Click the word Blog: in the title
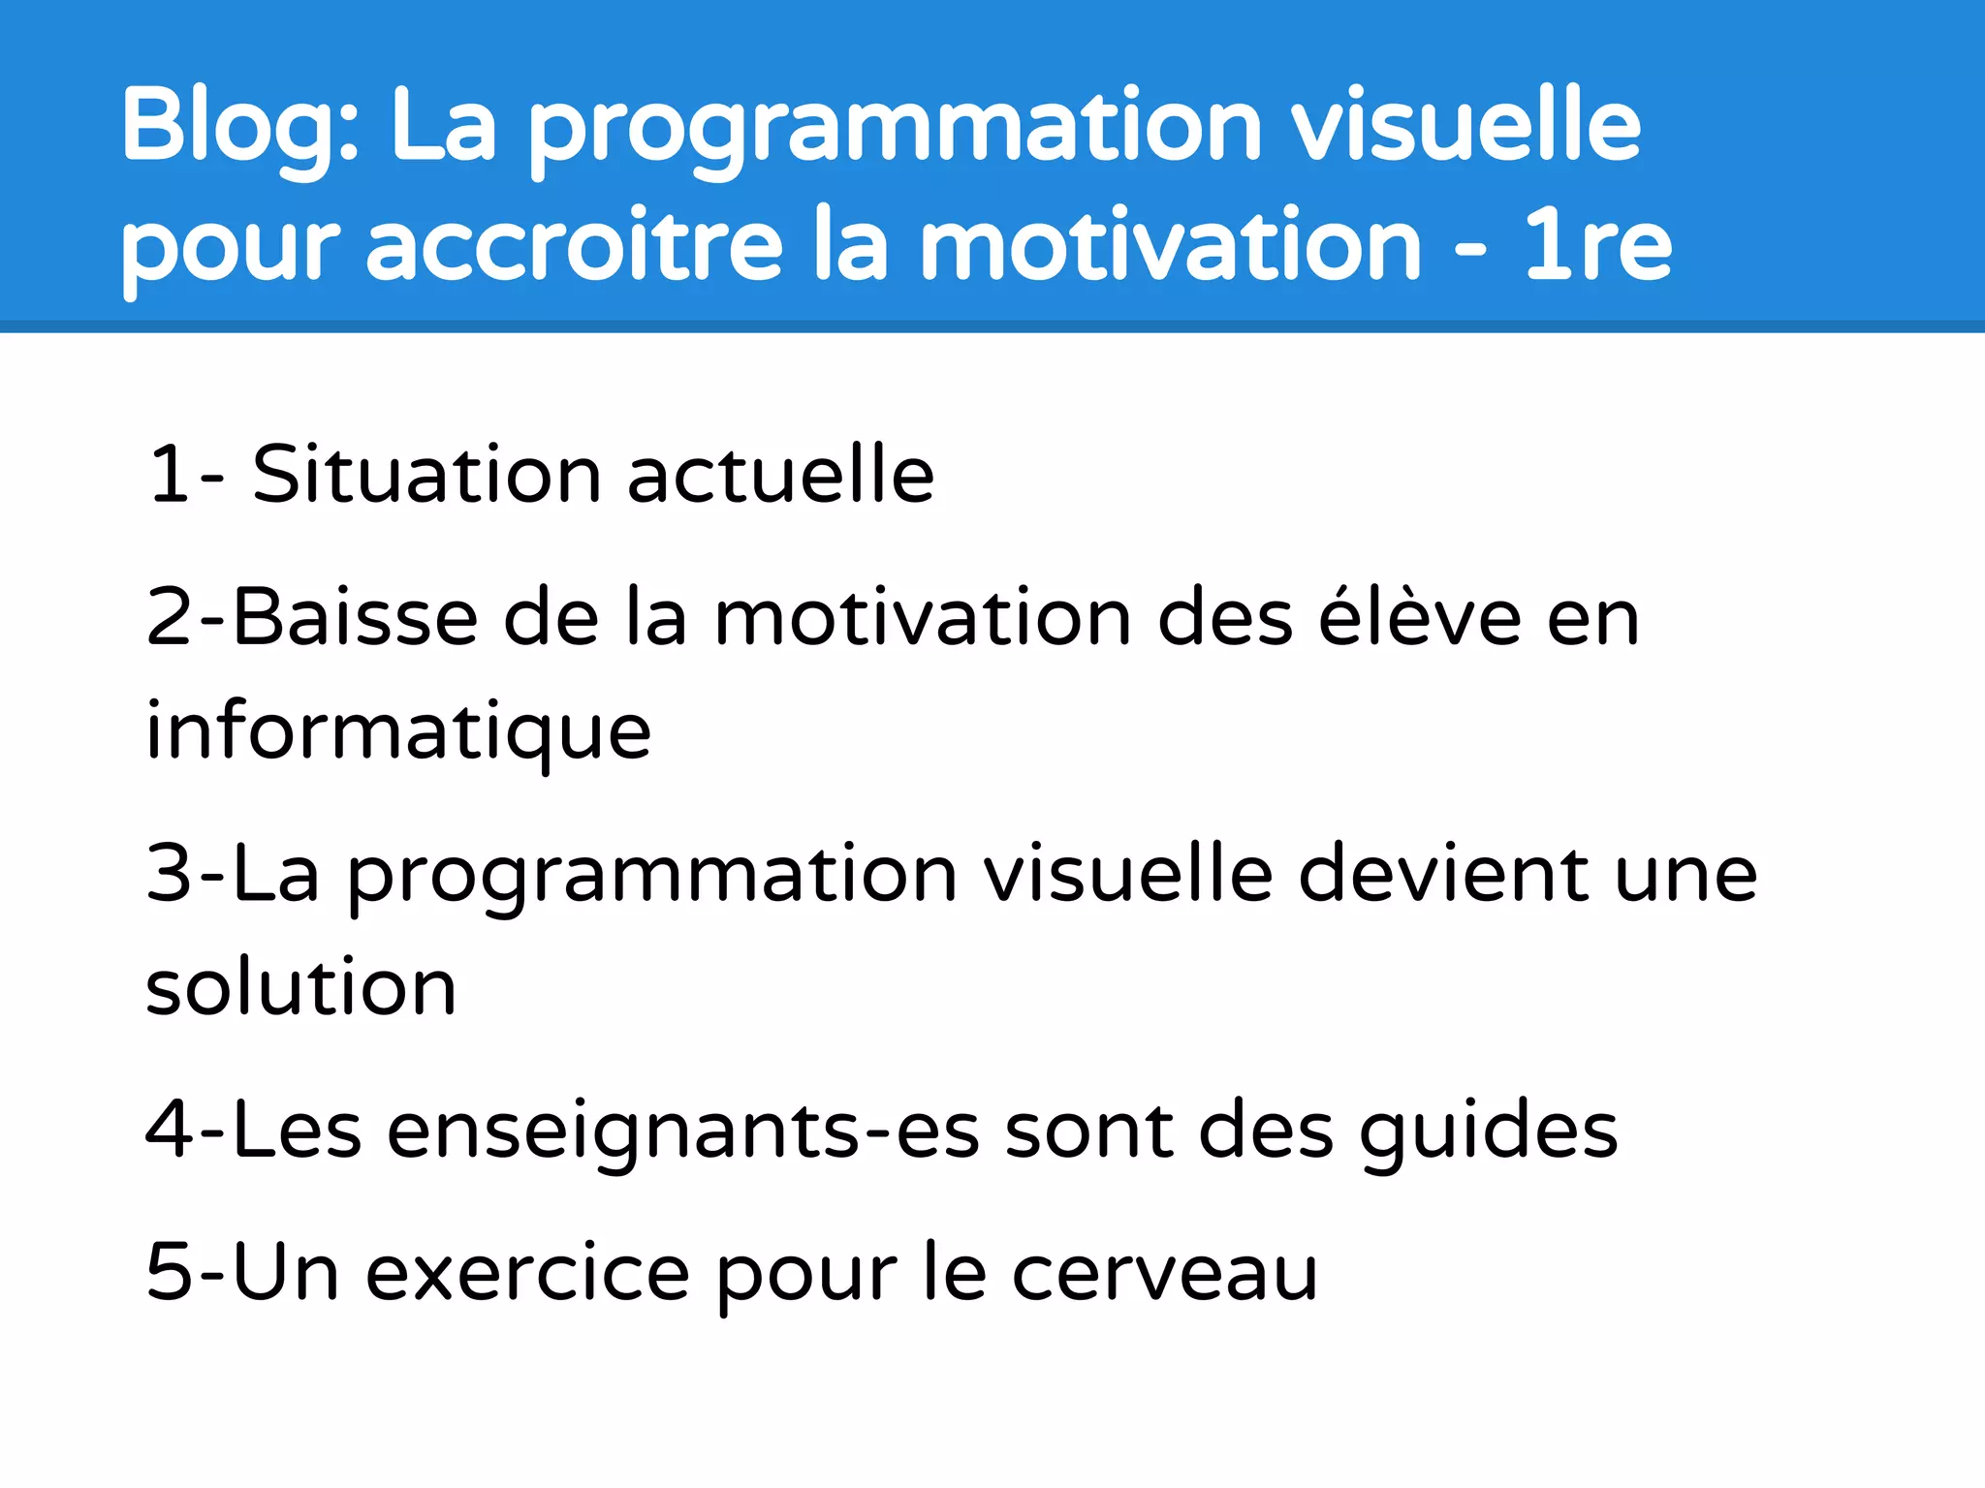click(238, 126)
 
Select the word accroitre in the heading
click(574, 246)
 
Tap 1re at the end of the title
click(1597, 246)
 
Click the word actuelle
click(780, 475)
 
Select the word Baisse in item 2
click(355, 617)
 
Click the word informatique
click(398, 730)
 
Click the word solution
click(300, 987)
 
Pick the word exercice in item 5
click(527, 1272)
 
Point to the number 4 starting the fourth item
click(169, 1131)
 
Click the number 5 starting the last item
click(169, 1272)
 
